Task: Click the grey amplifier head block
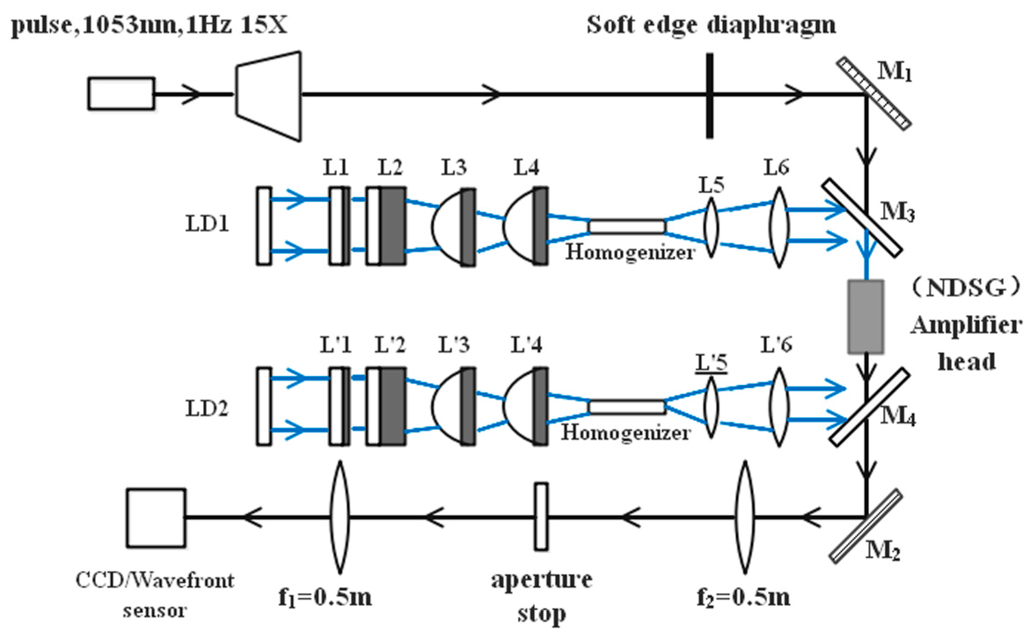[866, 316]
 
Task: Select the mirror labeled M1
[873, 93]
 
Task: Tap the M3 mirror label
[897, 212]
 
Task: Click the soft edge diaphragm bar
[709, 96]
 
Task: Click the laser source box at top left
[121, 93]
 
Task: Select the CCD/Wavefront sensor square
[156, 518]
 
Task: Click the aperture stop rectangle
[541, 517]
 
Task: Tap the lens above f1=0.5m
[340, 517]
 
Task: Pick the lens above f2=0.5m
[745, 517]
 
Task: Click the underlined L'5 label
[711, 363]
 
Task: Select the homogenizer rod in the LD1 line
[627, 226]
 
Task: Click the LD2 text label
[207, 409]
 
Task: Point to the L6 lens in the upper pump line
[779, 227]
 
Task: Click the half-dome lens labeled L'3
[453, 406]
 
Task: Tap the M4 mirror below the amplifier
[869, 407]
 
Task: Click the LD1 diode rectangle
[264, 226]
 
